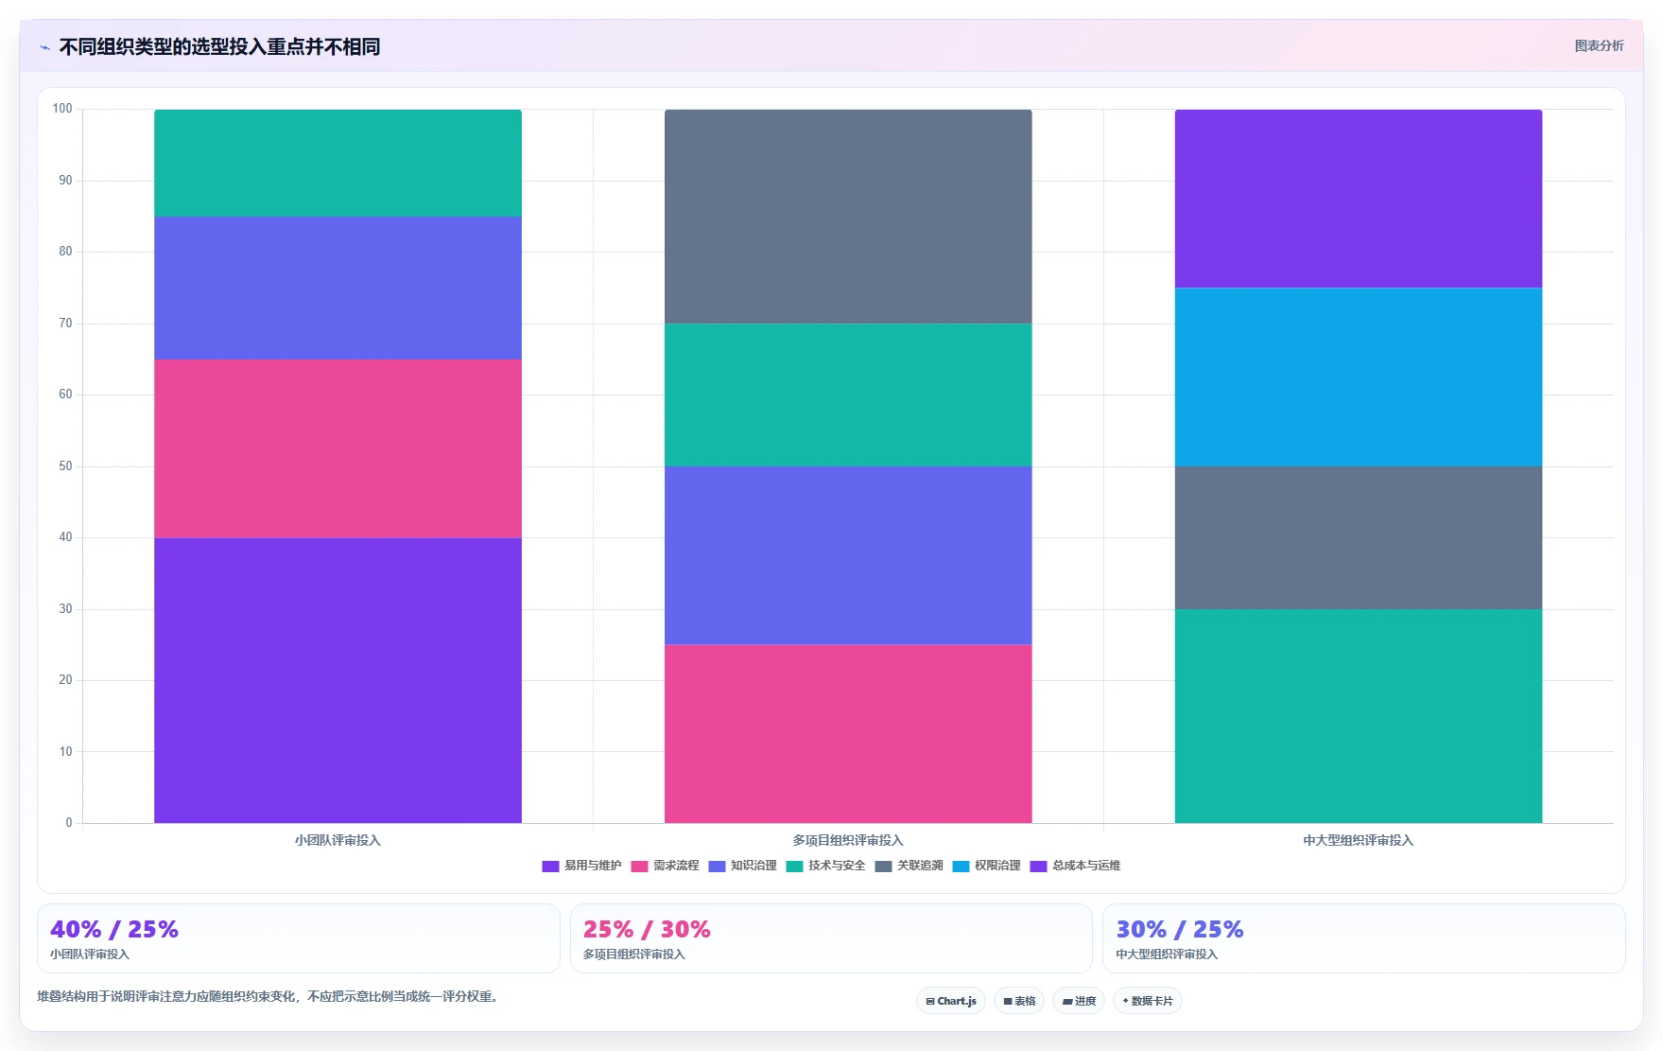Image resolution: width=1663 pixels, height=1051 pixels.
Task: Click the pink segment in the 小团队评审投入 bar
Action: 338,448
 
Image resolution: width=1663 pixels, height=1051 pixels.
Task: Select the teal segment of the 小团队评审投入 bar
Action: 338,163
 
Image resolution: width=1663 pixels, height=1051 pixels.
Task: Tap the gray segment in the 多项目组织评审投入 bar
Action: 848,217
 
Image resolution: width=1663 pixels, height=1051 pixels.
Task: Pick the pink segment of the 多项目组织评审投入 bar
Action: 848,734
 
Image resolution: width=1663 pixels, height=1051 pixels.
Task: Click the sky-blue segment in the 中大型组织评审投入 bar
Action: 1359,377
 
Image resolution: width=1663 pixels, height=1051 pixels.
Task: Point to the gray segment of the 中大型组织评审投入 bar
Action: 1359,538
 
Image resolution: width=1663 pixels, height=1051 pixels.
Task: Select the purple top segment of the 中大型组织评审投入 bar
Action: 1359,199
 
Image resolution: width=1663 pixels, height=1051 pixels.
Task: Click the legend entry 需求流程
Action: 666,866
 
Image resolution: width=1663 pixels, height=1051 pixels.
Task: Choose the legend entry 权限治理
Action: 987,866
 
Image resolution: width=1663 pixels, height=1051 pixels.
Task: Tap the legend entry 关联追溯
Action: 909,866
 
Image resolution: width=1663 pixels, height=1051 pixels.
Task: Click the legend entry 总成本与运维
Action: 1076,866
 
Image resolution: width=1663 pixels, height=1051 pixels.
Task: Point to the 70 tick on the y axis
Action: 65,324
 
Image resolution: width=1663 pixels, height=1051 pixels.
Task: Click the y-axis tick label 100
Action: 62,109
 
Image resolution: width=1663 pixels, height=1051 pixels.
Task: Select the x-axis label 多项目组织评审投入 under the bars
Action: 848,840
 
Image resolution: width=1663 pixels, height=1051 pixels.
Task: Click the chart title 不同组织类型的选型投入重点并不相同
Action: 219,46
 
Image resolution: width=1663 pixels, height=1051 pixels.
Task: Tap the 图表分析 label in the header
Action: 1599,45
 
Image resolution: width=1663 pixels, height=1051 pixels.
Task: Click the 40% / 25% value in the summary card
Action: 114,930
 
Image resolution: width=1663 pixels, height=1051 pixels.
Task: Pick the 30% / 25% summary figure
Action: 1180,930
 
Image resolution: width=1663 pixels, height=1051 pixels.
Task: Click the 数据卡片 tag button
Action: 1148,1001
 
